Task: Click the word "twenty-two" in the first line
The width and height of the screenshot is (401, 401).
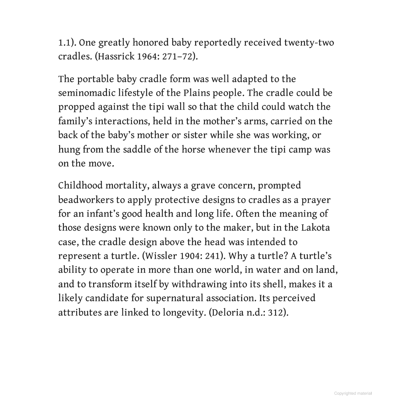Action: (309, 43)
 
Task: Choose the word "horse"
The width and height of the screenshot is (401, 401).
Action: (193, 150)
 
